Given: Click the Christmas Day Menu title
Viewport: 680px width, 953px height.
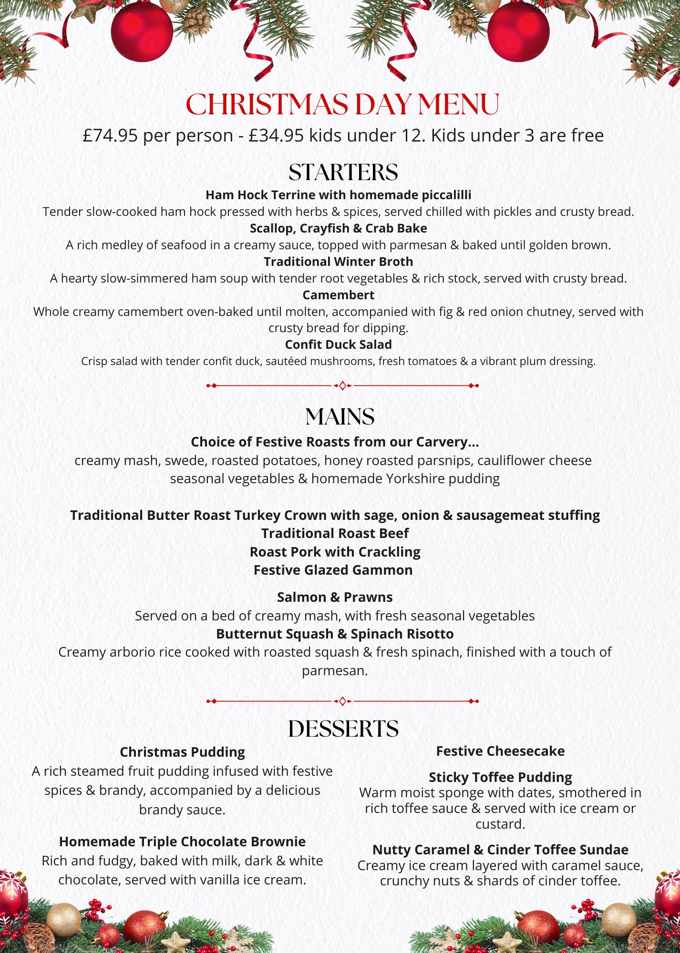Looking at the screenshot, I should pos(342,104).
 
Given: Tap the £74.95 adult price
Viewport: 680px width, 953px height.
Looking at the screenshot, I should pos(110,136).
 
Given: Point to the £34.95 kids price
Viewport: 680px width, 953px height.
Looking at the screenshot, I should pos(276,136).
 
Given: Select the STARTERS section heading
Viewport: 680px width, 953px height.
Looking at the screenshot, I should pos(343,172).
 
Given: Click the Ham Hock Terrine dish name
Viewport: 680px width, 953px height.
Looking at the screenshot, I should pos(338,195).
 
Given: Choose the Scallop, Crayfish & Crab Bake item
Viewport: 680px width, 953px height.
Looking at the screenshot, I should pos(338,228).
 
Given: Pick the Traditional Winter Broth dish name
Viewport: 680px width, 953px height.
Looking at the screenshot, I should pos(338,262).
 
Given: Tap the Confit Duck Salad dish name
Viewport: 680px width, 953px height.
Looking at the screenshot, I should pos(338,345).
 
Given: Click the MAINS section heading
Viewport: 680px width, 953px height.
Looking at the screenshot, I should pos(340,417).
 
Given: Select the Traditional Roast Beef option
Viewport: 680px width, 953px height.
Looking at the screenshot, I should pos(335,533).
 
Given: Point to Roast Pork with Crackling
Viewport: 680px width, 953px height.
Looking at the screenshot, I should pos(335,552).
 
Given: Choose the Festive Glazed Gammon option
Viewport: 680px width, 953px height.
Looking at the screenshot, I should pos(333,570).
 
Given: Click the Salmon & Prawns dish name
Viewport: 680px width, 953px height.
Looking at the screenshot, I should pos(335,597).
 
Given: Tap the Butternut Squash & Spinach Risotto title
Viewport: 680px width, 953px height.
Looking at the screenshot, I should pos(335,634).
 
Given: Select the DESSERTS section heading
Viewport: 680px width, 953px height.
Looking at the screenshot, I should pos(343,729).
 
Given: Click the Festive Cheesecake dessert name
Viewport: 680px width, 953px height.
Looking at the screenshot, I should pos(500,751).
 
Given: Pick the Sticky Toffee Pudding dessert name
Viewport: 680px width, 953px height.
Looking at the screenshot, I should pos(500,777).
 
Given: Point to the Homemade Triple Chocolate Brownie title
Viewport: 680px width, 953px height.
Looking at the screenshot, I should pos(182,841).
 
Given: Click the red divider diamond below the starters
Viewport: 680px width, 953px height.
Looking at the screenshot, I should pos(342,385).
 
